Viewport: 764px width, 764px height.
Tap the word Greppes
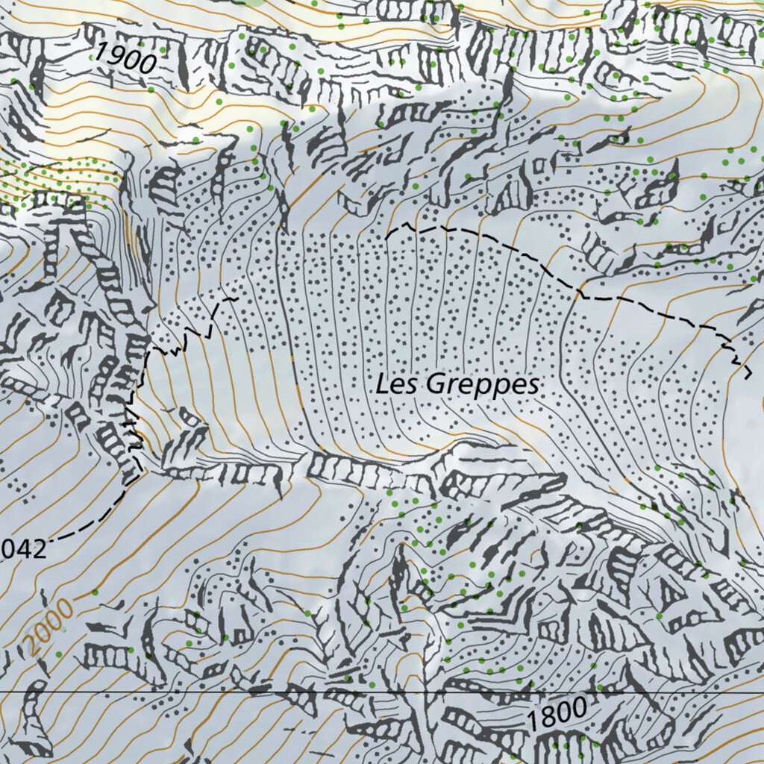tap(483, 386)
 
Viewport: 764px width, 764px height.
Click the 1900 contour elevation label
tap(125, 58)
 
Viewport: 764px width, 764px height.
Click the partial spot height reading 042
tap(24, 549)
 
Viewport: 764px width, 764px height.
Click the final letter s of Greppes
tap(530, 386)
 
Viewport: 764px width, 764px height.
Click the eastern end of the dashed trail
tap(746, 373)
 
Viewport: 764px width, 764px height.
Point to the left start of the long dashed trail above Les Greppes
tap(389, 236)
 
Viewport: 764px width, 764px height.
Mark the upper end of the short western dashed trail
tap(235, 298)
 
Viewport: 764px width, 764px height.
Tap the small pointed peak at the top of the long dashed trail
tap(407, 223)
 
